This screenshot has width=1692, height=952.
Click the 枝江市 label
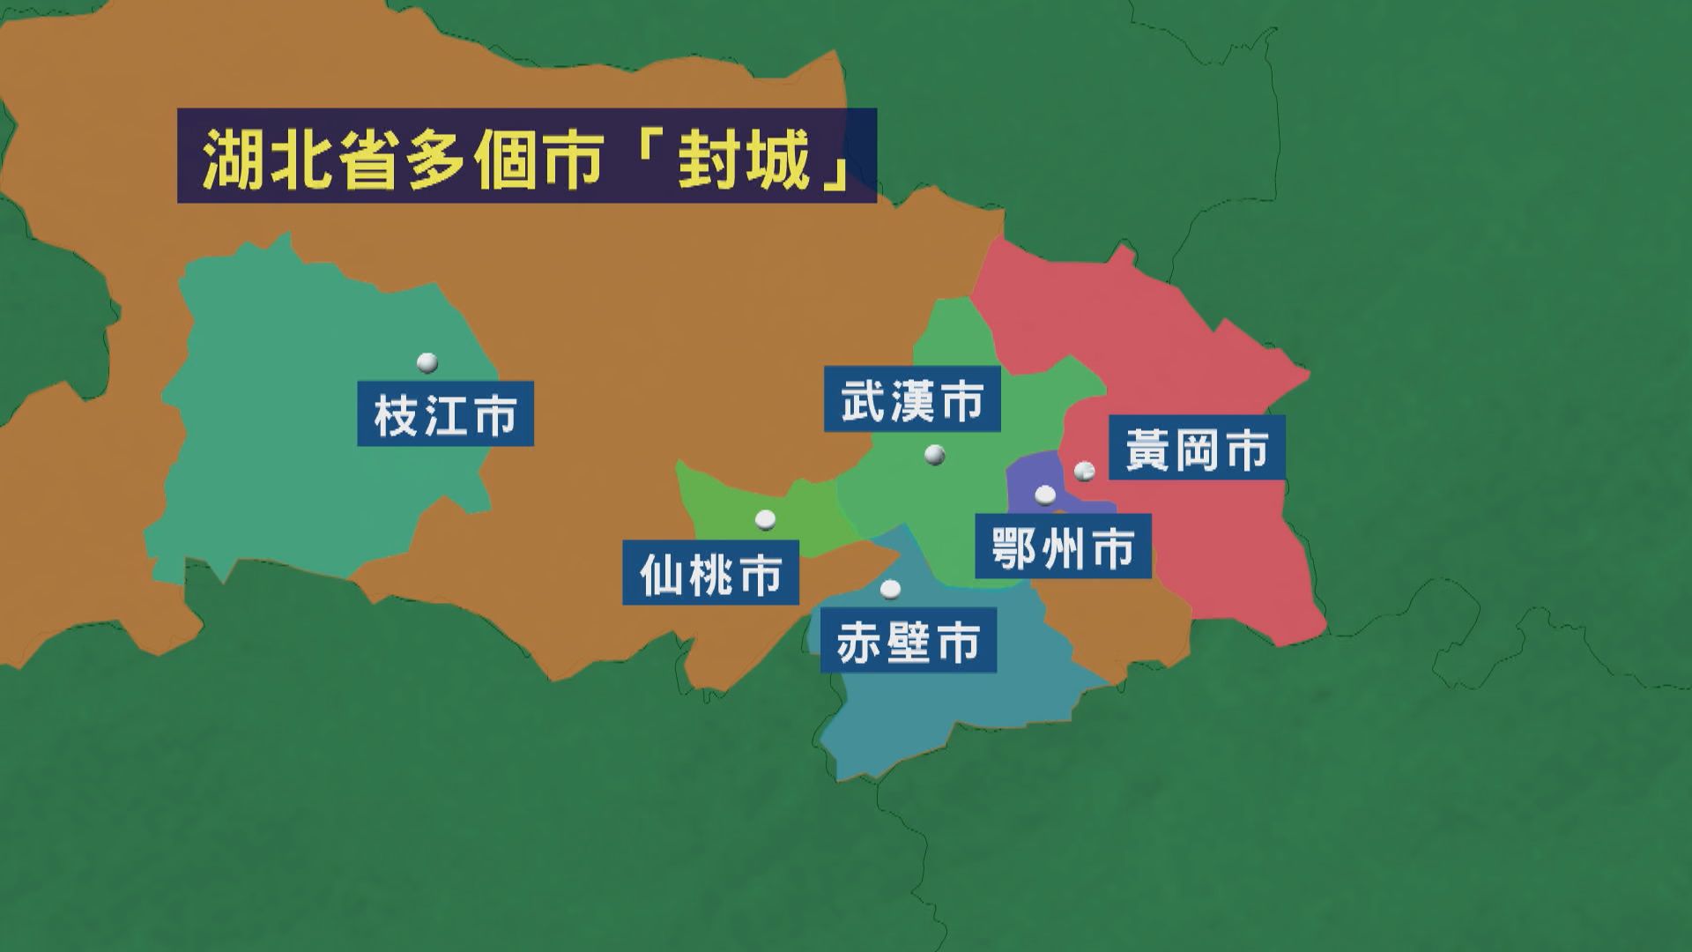tap(445, 413)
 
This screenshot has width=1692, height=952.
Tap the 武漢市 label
tap(912, 399)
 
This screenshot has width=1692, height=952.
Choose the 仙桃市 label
tap(710, 573)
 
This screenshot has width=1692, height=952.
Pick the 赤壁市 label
tap(908, 640)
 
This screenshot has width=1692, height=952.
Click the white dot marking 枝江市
tap(427, 362)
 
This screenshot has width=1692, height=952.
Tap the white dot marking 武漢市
tap(935, 455)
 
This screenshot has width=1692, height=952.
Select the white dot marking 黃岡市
tap(1084, 472)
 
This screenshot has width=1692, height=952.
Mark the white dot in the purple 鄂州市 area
tap(1045, 495)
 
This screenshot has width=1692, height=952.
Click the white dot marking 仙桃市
tap(765, 520)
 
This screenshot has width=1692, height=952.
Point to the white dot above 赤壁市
tap(891, 588)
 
